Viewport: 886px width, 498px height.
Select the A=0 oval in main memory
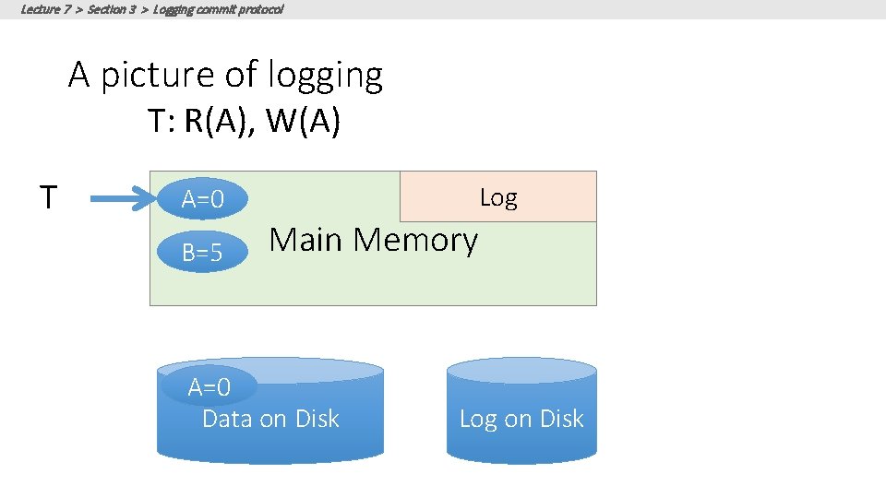point(202,199)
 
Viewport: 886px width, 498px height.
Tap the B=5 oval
point(202,252)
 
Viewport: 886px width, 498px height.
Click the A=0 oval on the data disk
point(209,386)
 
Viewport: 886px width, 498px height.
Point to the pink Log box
point(497,196)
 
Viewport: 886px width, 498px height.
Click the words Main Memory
point(373,240)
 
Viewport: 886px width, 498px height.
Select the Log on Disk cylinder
point(521,410)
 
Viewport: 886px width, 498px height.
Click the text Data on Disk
point(270,419)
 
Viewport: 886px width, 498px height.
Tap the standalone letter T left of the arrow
point(49,196)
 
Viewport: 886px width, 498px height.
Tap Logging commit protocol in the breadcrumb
point(219,9)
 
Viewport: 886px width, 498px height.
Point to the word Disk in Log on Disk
point(562,419)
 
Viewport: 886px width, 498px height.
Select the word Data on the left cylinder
point(227,419)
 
